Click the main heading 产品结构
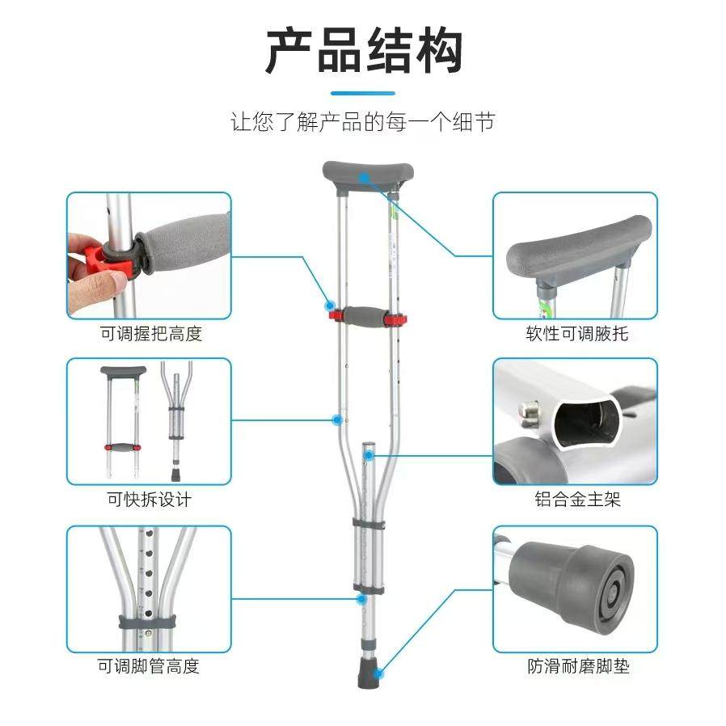click(x=364, y=50)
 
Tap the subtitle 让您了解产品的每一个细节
click(x=363, y=122)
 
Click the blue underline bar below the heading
click(x=363, y=93)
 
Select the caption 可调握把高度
click(x=150, y=333)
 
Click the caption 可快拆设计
click(x=149, y=500)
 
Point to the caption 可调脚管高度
click(x=148, y=666)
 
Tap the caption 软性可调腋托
click(x=576, y=333)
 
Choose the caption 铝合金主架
click(x=577, y=499)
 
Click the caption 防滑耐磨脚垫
click(x=578, y=666)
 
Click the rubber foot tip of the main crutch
click(x=368, y=677)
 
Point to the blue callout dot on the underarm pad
click(x=365, y=177)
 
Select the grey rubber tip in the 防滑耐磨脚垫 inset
click(x=572, y=584)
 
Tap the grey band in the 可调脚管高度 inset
click(x=147, y=622)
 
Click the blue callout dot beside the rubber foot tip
click(x=378, y=673)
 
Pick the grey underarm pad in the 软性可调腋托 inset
click(x=579, y=250)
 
